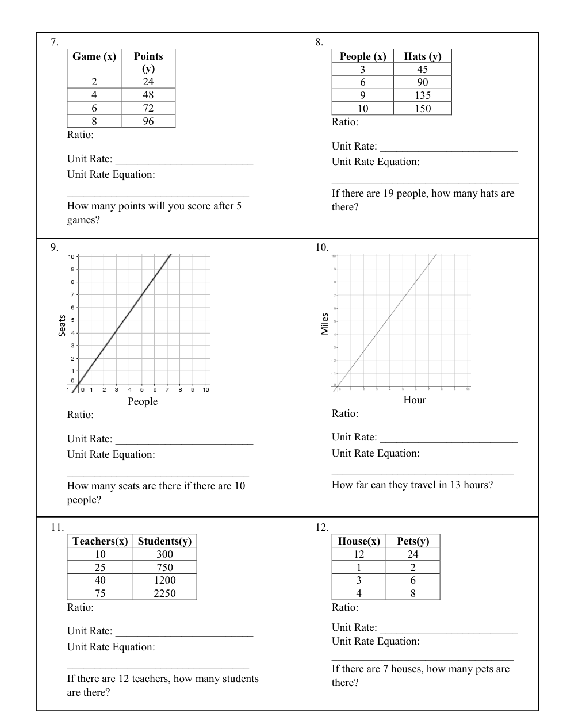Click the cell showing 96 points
pyautogui.click(x=148, y=121)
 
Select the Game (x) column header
pyautogui.click(x=94, y=56)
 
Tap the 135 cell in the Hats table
pyautogui.click(x=423, y=95)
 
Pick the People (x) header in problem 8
pyautogui.click(x=363, y=56)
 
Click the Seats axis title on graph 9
pyautogui.click(x=62, y=325)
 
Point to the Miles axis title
pyautogui.click(x=325, y=324)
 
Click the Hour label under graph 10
pyautogui.click(x=415, y=400)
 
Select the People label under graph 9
pyautogui.click(x=143, y=401)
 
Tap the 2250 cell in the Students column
pyautogui.click(x=164, y=593)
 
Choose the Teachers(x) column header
pyautogui.click(x=100, y=541)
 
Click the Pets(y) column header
pyautogui.click(x=413, y=541)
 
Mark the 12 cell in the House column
pyautogui.click(x=359, y=554)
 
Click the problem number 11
pyautogui.click(x=56, y=527)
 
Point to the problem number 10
pyautogui.click(x=321, y=247)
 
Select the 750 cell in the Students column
pyautogui.click(x=164, y=568)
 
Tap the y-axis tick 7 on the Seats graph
pyautogui.click(x=72, y=295)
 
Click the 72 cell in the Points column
pyautogui.click(x=148, y=108)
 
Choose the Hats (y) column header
pyautogui.click(x=423, y=56)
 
